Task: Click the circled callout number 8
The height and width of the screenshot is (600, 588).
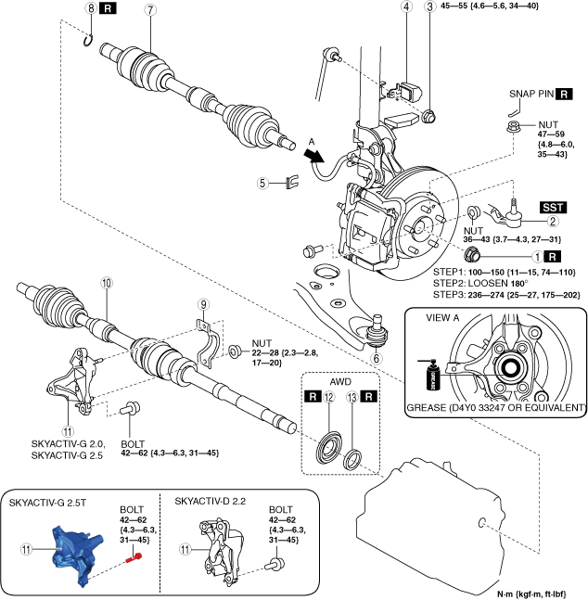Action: (x=91, y=8)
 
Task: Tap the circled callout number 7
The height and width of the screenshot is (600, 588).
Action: (x=150, y=9)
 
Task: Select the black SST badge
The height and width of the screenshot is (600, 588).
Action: (x=553, y=208)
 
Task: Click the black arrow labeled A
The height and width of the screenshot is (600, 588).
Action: (x=313, y=156)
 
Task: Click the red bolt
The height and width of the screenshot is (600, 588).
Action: (x=134, y=558)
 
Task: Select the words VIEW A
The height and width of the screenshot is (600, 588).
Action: (x=442, y=317)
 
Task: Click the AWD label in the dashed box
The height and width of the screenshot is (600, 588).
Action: (x=340, y=381)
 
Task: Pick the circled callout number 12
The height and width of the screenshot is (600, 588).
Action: (x=329, y=397)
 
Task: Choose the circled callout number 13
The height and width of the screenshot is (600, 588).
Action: (x=352, y=397)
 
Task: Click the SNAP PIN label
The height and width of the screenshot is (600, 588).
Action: (x=531, y=94)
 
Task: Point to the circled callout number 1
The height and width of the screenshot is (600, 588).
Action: (x=538, y=256)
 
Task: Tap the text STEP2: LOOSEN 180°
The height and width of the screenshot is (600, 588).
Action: (x=480, y=284)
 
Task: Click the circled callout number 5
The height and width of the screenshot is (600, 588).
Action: (x=262, y=183)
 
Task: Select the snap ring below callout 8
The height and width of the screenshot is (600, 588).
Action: (x=88, y=41)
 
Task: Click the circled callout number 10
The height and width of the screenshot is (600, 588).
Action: (x=107, y=283)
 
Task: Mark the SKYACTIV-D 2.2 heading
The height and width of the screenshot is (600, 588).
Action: (x=211, y=502)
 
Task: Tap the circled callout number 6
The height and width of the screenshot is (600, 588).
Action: (x=377, y=359)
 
